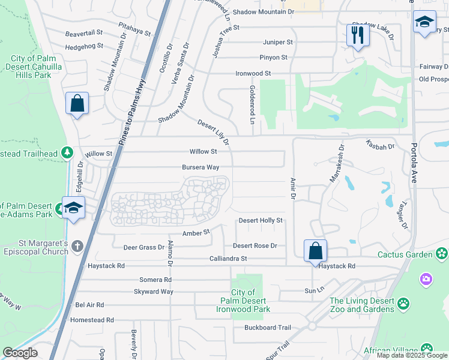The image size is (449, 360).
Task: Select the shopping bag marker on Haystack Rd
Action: pyautogui.click(x=315, y=250)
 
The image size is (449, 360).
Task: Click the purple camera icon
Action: pyautogui.click(x=426, y=278)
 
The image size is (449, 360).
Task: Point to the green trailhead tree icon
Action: pyautogui.click(x=68, y=154)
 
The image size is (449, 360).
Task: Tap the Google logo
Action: pyautogui.click(x=20, y=353)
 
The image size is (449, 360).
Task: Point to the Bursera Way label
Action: pyautogui.click(x=200, y=168)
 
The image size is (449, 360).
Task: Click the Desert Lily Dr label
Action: pyautogui.click(x=214, y=132)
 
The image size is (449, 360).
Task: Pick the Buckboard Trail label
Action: pyautogui.click(x=267, y=328)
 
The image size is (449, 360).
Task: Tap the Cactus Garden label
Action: pyautogui.click(x=405, y=254)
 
